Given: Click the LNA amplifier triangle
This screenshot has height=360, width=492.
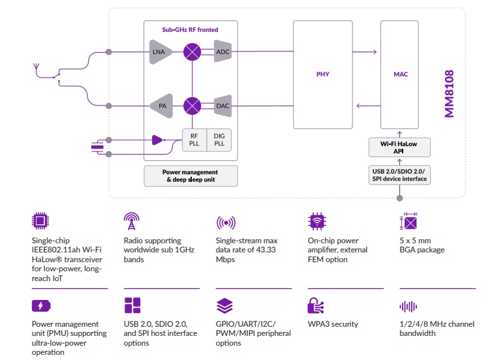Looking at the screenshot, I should coord(160,52).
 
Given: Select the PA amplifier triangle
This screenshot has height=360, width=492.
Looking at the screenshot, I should coord(160,105).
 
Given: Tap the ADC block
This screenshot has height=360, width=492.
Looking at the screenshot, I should coord(223,52).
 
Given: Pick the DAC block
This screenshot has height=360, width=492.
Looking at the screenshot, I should coord(223,105).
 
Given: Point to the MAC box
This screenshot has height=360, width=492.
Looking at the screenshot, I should coord(401,74).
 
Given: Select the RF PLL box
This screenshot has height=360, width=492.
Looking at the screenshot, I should coord(194,140).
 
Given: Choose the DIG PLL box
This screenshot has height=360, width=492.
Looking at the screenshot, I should coord(219,140).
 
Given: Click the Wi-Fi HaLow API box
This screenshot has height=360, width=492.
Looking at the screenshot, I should coord(400,147).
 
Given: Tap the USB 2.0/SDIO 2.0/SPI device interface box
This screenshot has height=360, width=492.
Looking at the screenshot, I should coord(400,175).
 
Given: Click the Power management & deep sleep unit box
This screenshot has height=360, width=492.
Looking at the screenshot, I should coord(191,175).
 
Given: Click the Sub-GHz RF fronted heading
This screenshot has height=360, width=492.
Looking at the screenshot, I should coord(191,30).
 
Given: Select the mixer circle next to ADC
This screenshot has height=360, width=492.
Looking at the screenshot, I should coord(192,52).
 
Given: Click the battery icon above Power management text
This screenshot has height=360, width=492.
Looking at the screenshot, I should coord(40,306).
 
